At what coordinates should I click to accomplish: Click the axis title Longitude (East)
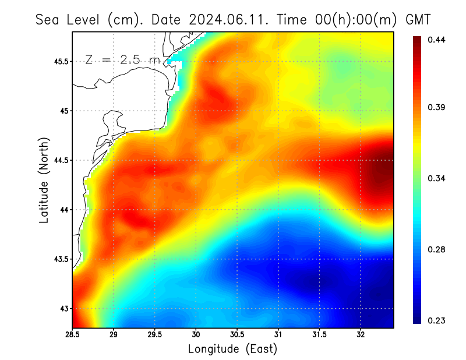point(232,349)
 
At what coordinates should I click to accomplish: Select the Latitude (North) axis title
point(44,180)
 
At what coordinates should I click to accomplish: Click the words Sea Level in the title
point(69,19)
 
